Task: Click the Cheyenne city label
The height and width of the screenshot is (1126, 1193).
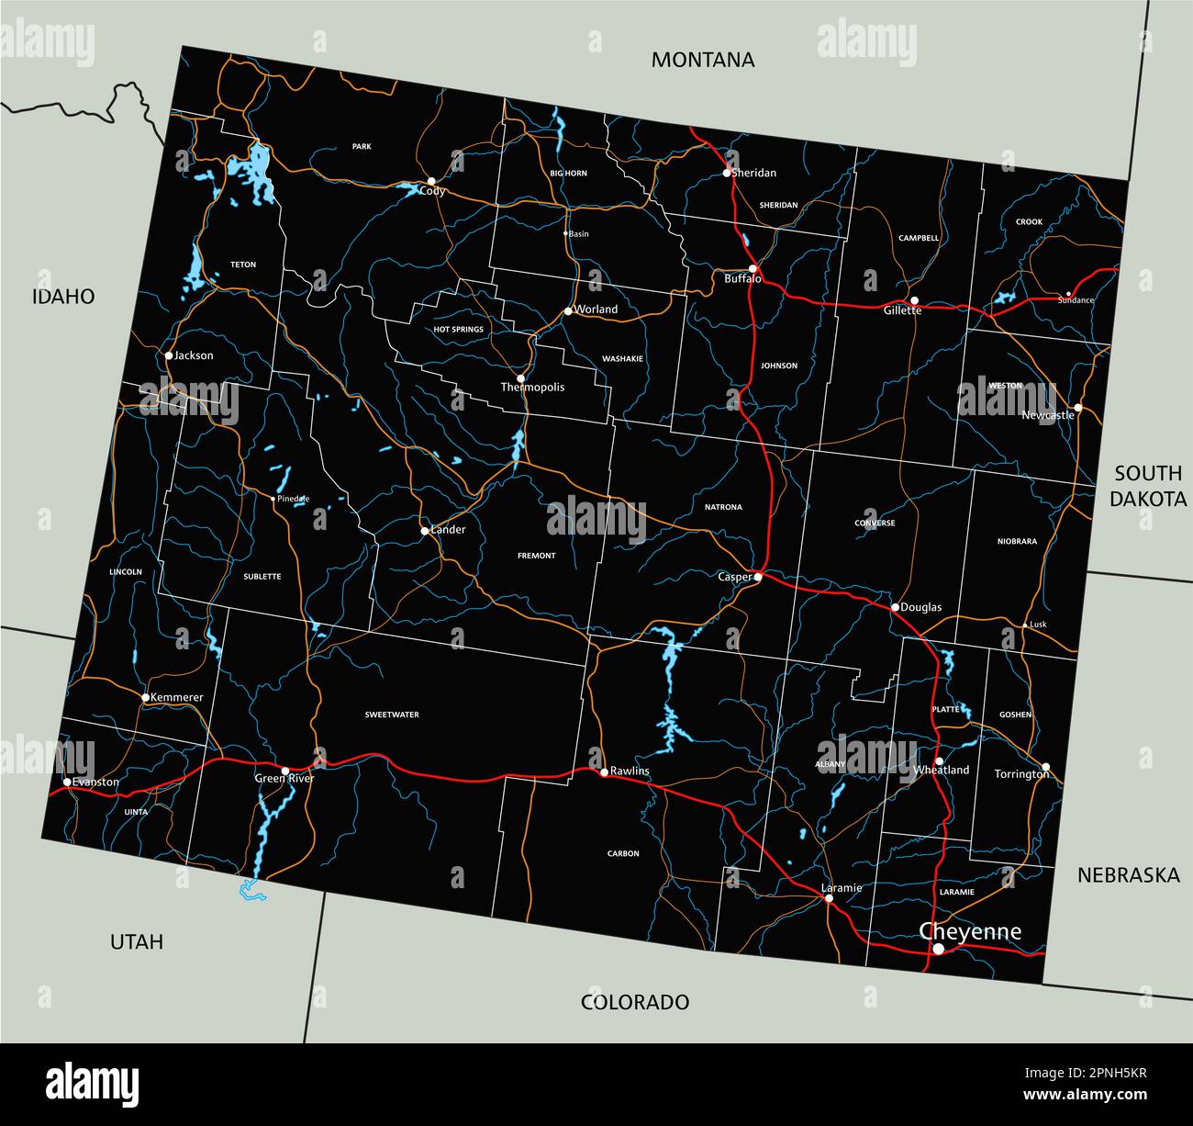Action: click(970, 931)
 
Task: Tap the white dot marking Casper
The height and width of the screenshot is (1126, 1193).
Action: click(758, 577)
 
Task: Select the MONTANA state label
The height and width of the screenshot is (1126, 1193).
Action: click(703, 60)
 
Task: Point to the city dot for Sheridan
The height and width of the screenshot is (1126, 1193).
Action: click(727, 173)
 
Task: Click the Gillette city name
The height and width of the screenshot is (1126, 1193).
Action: click(902, 310)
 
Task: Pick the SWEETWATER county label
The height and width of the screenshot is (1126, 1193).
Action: click(392, 715)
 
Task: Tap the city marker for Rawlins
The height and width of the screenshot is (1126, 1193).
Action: click(604, 771)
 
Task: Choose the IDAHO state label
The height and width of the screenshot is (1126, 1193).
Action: click(63, 296)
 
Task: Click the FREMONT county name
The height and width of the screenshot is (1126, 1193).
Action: click(537, 556)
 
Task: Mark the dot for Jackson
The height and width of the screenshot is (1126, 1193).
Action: click(169, 355)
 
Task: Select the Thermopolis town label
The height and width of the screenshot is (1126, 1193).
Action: click(532, 388)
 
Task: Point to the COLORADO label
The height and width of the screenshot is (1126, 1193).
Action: click(635, 1002)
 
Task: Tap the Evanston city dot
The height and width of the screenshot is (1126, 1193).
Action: click(67, 783)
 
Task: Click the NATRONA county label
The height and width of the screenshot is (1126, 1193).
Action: click(723, 507)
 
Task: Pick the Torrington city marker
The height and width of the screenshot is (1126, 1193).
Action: click(1045, 766)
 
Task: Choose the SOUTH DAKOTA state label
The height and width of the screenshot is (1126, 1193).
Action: click(1148, 486)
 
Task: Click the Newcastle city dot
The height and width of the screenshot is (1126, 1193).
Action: click(1078, 407)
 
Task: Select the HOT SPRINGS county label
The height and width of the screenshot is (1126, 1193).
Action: click(459, 329)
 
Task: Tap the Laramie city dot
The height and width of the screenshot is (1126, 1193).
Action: click(829, 898)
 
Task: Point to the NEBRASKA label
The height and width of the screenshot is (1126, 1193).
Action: click(1129, 875)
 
